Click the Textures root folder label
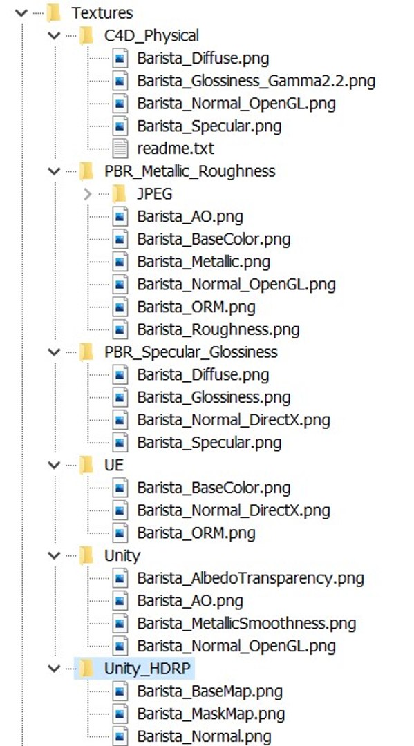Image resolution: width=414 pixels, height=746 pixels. [102, 13]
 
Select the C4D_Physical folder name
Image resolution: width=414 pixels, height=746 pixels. [151, 36]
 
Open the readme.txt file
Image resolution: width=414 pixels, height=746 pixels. [176, 149]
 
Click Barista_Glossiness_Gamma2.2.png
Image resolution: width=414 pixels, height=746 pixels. [256, 81]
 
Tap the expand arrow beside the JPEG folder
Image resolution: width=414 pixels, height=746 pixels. [87, 194]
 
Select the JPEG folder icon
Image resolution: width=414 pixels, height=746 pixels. [120, 193]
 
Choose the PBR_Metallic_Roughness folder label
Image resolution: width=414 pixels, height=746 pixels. [189, 171]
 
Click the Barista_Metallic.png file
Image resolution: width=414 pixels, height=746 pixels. [204, 262]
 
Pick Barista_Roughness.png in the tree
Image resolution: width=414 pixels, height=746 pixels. [218, 329]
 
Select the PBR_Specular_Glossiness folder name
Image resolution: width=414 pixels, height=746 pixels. [191, 352]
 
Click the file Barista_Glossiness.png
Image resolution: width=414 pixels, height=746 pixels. [214, 397]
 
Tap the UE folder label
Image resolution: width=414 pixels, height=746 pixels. [114, 465]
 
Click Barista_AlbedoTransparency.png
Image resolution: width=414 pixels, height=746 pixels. [251, 578]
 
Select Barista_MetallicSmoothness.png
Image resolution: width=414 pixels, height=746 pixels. [247, 623]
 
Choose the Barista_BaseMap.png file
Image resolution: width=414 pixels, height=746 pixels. [210, 691]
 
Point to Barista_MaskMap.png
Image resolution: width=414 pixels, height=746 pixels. [211, 714]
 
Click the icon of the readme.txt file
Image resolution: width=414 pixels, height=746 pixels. [120, 149]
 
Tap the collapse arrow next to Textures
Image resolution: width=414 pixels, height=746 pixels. [21, 13]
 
